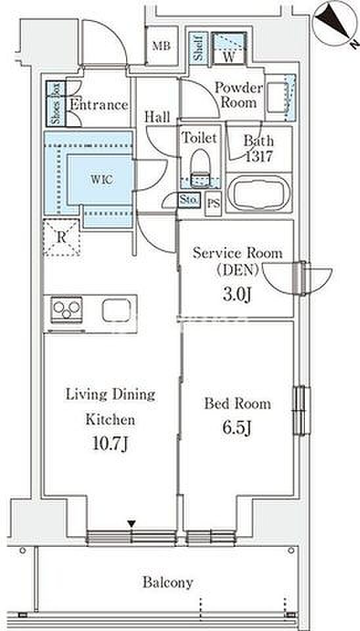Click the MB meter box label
point(162,46)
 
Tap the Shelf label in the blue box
point(198,48)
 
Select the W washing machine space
point(229,49)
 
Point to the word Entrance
point(99,105)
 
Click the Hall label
point(157,117)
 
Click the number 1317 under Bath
point(259,156)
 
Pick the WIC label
point(101,179)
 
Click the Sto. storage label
point(189,200)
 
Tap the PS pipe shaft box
point(214,204)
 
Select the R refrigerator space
point(62,237)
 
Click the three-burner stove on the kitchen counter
point(67,310)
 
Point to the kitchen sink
point(116,310)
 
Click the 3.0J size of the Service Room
point(237,295)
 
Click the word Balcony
point(168,582)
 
